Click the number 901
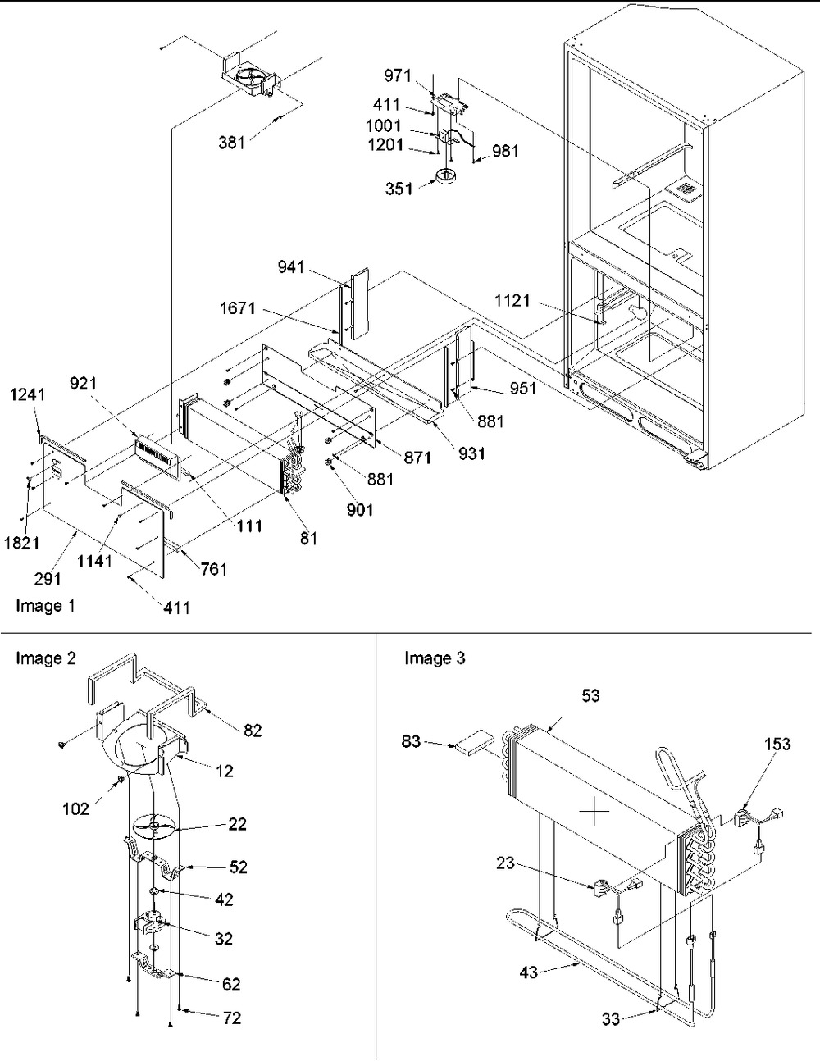click(359, 510)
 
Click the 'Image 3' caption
click(435, 658)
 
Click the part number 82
click(253, 730)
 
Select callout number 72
click(232, 1018)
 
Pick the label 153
click(777, 744)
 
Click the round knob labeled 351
click(446, 175)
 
